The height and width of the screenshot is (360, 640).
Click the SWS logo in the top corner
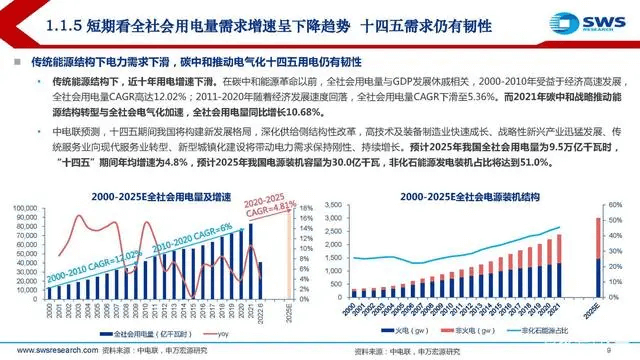(597, 22)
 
